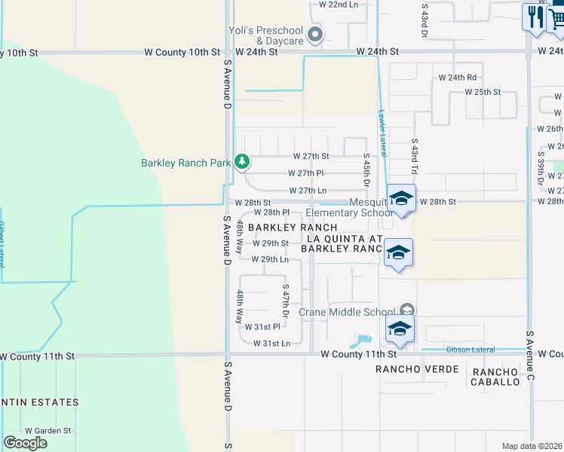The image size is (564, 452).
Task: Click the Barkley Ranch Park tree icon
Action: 241,161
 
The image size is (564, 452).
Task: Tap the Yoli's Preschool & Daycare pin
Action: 315,34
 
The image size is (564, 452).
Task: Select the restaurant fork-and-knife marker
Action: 535,16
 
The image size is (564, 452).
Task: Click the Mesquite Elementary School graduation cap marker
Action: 401,198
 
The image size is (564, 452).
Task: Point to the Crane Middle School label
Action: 347,312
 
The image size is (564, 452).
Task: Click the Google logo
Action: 26,443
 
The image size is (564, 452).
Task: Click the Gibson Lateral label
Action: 471,350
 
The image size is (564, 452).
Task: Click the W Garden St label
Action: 47,430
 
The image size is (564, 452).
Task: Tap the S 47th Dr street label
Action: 286,299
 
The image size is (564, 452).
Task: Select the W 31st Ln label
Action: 271,343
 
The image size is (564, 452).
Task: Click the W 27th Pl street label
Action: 305,173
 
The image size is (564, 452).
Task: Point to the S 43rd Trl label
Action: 414,153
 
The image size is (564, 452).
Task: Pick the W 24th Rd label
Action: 458,77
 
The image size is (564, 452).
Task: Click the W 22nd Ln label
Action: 338,5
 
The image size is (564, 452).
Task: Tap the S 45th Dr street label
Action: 366,173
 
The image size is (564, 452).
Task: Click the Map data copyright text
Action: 532,446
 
